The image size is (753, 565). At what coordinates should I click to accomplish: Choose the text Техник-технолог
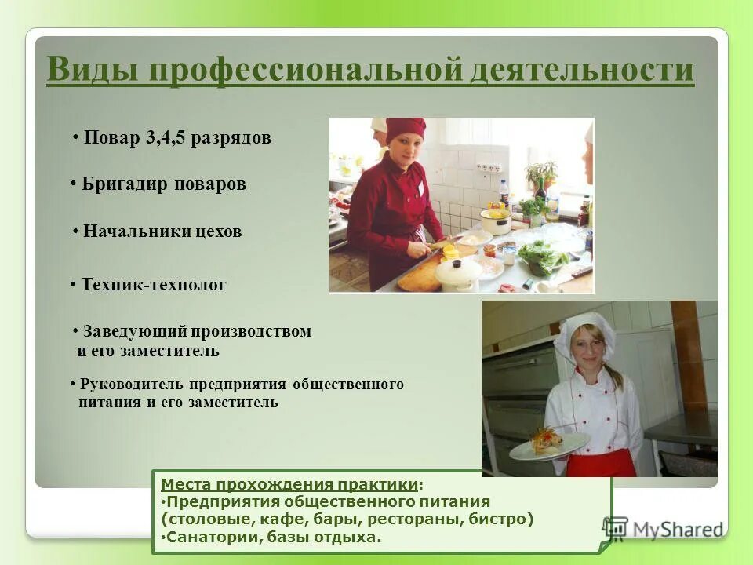tap(154, 286)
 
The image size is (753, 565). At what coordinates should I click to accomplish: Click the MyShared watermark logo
tap(663, 528)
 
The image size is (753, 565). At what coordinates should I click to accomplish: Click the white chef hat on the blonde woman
tap(584, 330)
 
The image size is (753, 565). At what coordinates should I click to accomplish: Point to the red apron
tap(601, 463)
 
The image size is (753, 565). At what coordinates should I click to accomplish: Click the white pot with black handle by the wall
tap(495, 221)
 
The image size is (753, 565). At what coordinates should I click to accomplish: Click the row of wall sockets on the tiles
tap(488, 167)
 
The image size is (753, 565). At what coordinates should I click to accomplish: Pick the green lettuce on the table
tap(542, 256)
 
